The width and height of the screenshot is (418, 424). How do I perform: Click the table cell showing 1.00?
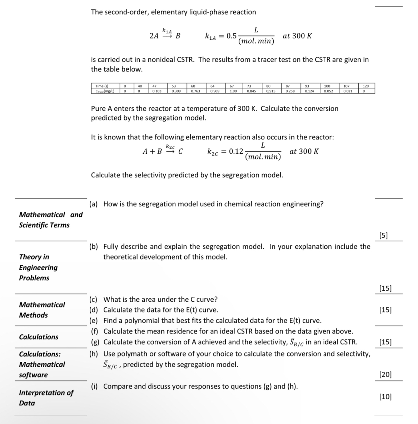coord(233,91)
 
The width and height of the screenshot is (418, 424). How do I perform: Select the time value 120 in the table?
coord(365,86)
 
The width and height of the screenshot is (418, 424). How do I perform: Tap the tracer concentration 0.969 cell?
coord(214,91)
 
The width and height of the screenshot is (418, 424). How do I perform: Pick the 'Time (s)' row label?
coord(102,86)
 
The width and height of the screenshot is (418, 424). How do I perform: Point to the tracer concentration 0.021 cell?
coord(348,91)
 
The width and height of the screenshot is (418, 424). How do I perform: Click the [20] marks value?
coord(385,375)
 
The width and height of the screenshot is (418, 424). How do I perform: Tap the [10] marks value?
coord(385,396)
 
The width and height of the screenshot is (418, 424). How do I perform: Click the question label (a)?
coord(94,204)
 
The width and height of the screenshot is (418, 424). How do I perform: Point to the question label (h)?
coord(94,354)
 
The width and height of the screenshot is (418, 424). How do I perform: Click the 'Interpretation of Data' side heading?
coord(46,398)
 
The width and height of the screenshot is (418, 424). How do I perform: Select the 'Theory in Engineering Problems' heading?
coord(38,267)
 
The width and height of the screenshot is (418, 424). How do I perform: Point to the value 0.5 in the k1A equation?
coord(232,36)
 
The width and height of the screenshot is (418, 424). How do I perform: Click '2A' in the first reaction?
coord(154,36)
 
